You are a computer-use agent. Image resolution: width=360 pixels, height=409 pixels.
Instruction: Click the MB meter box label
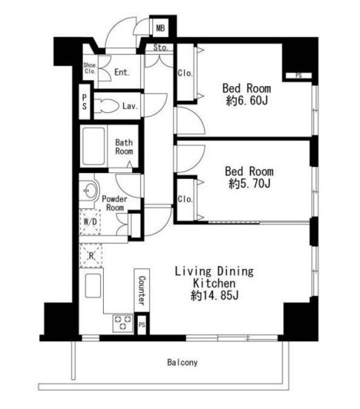(160, 28)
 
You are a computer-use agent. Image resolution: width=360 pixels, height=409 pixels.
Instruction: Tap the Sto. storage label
(160, 48)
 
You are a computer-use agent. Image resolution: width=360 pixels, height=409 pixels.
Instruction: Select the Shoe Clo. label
(90, 68)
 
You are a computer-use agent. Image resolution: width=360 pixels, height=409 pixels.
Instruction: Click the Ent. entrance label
(122, 72)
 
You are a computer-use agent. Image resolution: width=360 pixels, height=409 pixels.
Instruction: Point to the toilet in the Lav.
(105, 106)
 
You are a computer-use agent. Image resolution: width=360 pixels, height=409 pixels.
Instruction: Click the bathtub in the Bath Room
(93, 146)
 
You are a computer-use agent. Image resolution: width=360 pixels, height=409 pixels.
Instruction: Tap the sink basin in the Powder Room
(88, 191)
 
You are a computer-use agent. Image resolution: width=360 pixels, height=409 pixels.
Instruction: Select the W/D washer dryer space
(90, 222)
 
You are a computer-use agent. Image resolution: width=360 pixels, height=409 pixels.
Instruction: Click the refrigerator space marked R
(91, 256)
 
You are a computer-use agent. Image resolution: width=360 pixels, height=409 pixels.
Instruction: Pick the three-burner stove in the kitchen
(123, 323)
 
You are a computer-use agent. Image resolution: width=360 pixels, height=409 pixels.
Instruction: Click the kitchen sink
(93, 285)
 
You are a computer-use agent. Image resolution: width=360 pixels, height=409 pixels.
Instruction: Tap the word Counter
(142, 291)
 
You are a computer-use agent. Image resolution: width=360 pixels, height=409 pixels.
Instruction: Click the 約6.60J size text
(247, 101)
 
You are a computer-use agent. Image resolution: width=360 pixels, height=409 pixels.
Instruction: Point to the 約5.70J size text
(249, 184)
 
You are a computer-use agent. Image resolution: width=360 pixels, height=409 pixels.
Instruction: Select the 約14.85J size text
(215, 295)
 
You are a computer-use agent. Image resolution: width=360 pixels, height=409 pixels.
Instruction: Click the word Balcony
(182, 362)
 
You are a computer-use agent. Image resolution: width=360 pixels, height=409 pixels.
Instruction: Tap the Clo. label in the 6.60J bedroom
(185, 73)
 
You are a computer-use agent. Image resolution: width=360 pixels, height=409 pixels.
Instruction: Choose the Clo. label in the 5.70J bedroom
(185, 199)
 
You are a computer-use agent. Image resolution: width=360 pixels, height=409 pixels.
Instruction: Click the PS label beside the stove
(142, 324)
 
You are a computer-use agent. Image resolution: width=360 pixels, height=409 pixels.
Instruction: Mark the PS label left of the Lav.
(85, 102)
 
